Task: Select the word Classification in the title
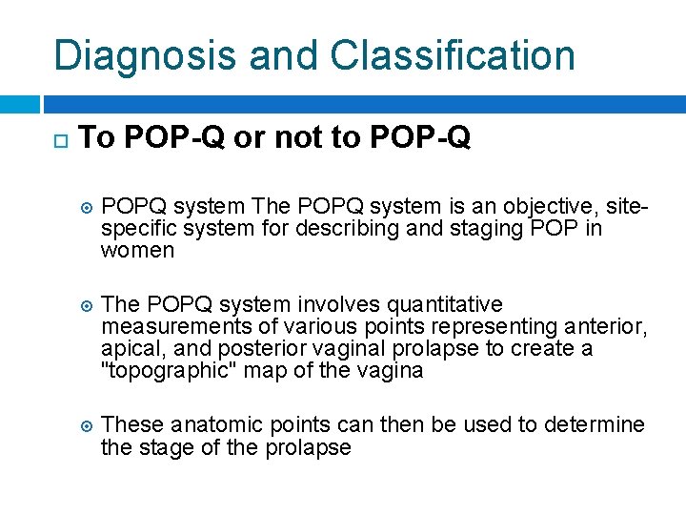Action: pyautogui.click(x=453, y=55)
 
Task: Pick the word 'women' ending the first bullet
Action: pyautogui.click(x=137, y=252)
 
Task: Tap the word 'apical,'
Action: pyautogui.click(x=131, y=349)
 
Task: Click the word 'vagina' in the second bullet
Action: pyautogui.click(x=390, y=371)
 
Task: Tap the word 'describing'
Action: pyautogui.click(x=333, y=229)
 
